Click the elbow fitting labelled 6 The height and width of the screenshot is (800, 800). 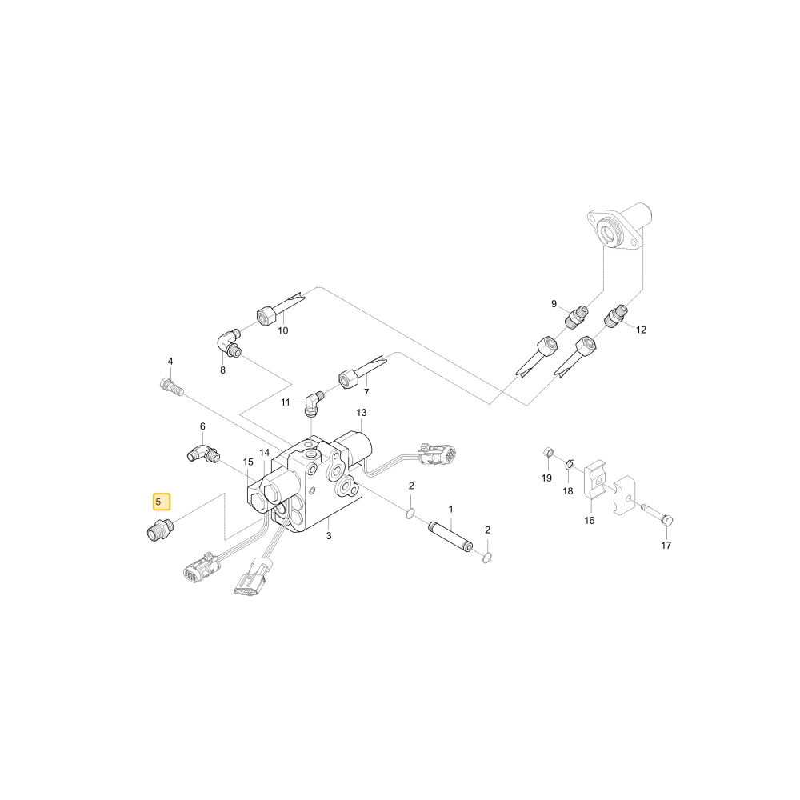(202, 454)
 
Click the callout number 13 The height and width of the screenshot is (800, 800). (362, 412)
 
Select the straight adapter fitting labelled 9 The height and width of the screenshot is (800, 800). (577, 316)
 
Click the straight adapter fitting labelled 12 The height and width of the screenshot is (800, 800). (615, 316)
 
